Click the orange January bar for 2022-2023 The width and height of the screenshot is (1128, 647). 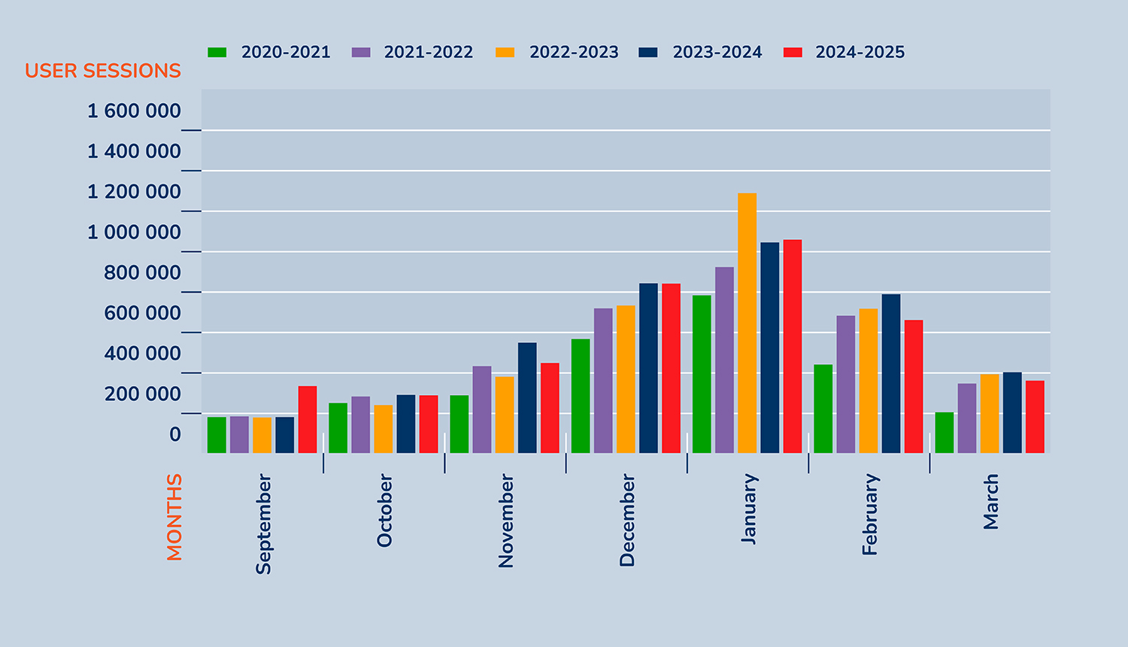[747, 323]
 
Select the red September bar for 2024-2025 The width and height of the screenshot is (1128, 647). [308, 420]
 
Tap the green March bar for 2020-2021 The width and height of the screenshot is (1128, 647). [945, 433]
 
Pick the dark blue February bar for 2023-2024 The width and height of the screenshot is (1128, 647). [891, 374]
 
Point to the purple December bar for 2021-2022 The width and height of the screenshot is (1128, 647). [603, 381]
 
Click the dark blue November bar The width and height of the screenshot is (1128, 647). [527, 398]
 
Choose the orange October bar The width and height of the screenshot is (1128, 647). [384, 429]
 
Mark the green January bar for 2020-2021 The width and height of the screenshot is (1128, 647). [702, 374]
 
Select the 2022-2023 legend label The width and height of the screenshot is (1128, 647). [574, 53]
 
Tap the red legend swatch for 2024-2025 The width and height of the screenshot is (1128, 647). [793, 53]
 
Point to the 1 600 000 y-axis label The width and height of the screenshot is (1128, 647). [134, 111]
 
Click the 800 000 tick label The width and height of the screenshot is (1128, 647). [142, 273]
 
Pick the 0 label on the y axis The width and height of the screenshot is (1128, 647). [174, 435]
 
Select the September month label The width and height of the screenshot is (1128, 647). [263, 524]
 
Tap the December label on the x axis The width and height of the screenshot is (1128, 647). [627, 520]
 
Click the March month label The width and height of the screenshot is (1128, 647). [991, 502]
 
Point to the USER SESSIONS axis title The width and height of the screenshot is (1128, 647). [103, 71]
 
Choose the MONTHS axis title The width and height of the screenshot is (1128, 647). [174, 517]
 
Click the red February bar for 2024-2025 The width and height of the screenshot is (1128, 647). [914, 387]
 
